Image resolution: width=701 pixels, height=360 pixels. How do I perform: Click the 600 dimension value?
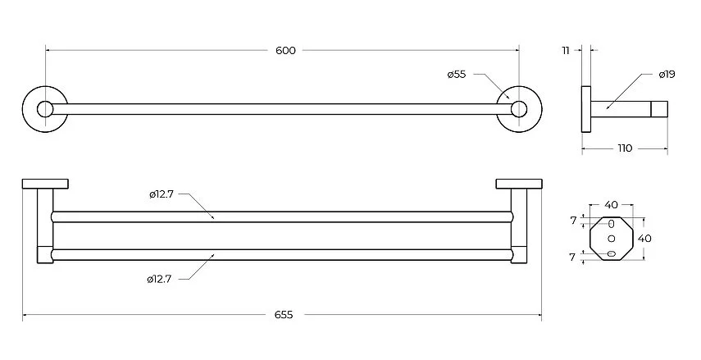(x=284, y=51)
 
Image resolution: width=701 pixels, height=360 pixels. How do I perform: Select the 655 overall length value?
(x=284, y=314)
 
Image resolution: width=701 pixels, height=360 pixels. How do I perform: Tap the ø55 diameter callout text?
(x=457, y=74)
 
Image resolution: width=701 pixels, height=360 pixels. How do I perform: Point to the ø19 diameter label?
(x=667, y=75)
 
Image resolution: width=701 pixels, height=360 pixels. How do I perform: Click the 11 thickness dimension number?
(x=566, y=51)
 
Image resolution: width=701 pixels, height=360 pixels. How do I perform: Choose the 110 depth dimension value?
(x=624, y=148)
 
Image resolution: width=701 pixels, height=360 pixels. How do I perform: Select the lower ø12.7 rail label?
(x=159, y=279)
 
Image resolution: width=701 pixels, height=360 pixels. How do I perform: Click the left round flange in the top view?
(x=44, y=108)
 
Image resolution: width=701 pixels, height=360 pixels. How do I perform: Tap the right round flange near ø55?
(x=517, y=108)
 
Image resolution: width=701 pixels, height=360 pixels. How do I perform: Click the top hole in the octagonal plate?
(x=611, y=224)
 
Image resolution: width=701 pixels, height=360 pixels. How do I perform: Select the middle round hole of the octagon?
(x=611, y=239)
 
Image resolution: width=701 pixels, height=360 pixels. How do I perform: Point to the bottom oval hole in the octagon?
(x=611, y=253)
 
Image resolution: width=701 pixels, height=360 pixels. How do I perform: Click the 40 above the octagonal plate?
(x=611, y=204)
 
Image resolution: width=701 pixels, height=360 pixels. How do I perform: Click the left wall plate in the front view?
(x=45, y=184)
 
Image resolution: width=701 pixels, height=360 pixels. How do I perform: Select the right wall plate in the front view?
(x=518, y=184)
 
